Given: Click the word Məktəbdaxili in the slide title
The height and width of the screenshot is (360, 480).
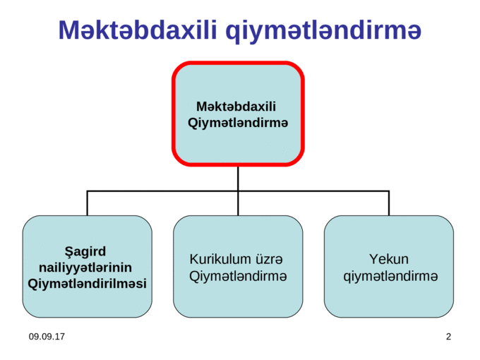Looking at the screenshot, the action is point(138,30).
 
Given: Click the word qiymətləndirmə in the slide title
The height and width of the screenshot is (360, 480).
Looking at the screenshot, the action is point(323,32).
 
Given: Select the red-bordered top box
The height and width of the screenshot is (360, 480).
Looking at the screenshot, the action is point(238,114).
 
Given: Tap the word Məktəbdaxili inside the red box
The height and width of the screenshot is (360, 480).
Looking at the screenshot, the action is point(236,107).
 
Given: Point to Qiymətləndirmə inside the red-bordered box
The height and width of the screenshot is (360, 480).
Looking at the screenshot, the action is point(238,123).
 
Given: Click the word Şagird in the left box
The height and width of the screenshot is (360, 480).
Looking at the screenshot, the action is point(85,252).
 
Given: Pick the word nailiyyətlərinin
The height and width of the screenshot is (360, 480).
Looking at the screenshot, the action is point(85,268).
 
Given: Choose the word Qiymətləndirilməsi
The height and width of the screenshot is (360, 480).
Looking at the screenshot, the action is point(87,284).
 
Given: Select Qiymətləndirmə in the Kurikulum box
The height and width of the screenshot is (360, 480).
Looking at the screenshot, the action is point(238,277).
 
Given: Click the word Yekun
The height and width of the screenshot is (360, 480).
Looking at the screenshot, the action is point(389,259).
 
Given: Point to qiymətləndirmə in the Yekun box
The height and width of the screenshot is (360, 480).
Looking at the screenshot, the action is point(390,277).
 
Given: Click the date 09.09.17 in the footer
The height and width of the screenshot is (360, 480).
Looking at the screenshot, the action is point(47,337).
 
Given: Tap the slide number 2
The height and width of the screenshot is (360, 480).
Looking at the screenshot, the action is point(448,337).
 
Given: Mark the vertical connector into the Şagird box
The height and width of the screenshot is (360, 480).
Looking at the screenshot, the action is point(88,203).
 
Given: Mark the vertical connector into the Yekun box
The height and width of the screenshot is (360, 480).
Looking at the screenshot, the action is point(389,203).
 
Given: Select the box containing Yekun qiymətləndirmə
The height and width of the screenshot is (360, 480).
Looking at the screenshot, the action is point(389,266).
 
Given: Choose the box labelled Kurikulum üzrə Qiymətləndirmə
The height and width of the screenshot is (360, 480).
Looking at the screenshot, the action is point(238,266).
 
